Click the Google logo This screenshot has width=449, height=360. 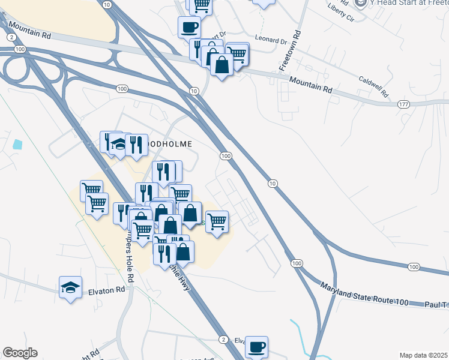click(x=20, y=353)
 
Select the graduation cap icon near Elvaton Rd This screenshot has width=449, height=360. click(x=70, y=286)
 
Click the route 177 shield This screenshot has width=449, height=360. click(x=403, y=105)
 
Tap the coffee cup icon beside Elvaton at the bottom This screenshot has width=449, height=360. click(x=257, y=346)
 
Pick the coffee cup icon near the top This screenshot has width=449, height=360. click(x=189, y=26)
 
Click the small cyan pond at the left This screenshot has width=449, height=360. click(x=17, y=145)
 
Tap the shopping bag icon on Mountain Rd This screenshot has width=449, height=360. click(x=222, y=65)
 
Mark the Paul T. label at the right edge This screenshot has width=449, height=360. click(x=437, y=305)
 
